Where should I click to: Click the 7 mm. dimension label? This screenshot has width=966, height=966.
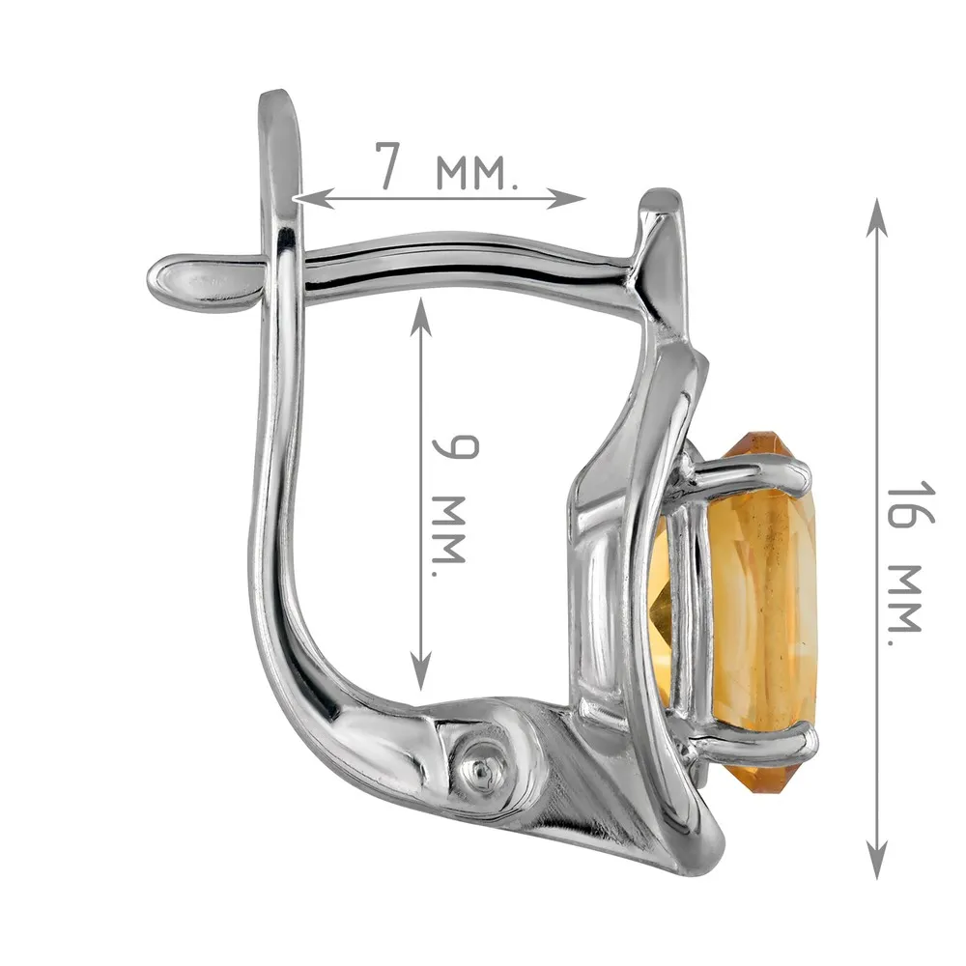click(447, 166)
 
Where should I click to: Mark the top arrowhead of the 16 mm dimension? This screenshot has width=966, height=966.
click(876, 217)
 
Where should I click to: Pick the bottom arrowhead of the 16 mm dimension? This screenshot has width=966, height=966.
click(876, 859)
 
